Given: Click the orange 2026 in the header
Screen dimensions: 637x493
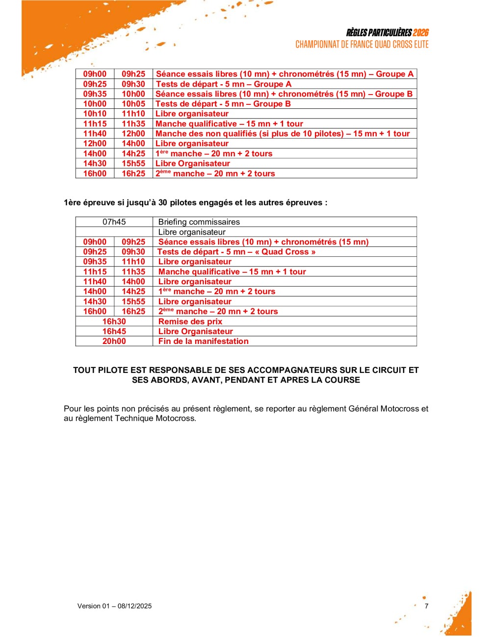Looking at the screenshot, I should [x=420, y=33].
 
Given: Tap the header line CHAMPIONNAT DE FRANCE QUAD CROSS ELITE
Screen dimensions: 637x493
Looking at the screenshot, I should [x=362, y=45].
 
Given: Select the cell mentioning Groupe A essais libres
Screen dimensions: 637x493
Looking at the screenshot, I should [x=285, y=74].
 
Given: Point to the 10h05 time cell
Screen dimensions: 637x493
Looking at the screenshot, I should [x=133, y=104].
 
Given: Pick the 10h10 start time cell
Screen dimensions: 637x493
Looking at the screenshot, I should [x=95, y=114].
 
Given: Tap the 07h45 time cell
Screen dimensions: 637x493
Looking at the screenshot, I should [x=114, y=222].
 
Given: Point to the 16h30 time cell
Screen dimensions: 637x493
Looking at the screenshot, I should [x=114, y=321].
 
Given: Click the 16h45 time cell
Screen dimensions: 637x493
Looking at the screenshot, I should [x=114, y=331].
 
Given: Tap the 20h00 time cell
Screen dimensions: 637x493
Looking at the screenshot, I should [x=114, y=341].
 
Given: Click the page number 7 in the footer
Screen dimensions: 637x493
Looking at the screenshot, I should [x=426, y=606].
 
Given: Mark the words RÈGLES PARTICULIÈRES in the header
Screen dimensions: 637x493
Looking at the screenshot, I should [x=379, y=33].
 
